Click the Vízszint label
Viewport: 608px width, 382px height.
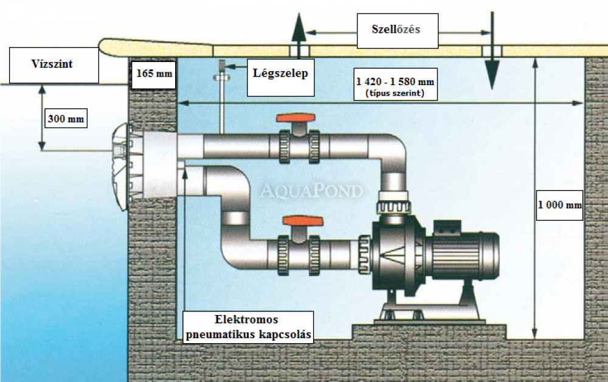point(54,63)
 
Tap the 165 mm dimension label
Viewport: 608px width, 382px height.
point(153,74)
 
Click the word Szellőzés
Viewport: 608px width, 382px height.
point(396,29)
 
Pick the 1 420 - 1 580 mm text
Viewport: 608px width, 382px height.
point(398,82)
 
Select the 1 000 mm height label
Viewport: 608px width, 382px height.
point(560,204)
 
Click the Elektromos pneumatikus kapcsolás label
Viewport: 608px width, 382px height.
point(247,327)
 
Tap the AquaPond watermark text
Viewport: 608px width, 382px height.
point(311,191)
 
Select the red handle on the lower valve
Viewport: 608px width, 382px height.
point(296,221)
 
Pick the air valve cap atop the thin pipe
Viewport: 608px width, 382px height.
point(223,66)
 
